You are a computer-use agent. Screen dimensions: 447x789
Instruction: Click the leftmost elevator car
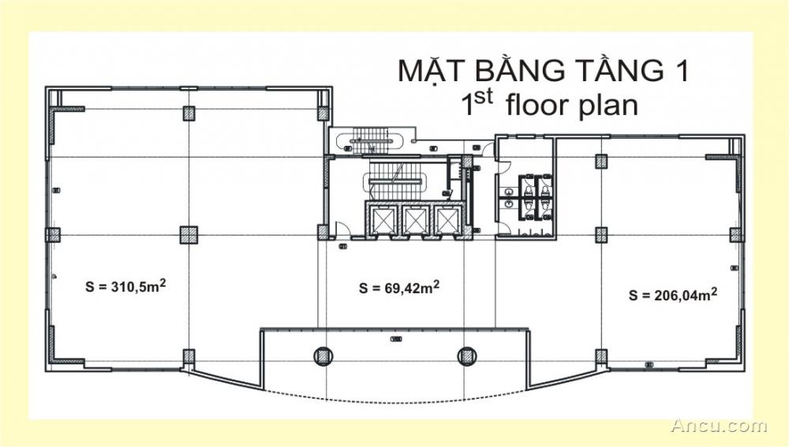tap(382, 220)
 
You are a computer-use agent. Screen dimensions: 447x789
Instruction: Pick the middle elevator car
tap(413, 220)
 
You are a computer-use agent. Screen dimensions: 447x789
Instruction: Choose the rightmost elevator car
tap(445, 220)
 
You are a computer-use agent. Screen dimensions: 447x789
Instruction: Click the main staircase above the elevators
tap(398, 178)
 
